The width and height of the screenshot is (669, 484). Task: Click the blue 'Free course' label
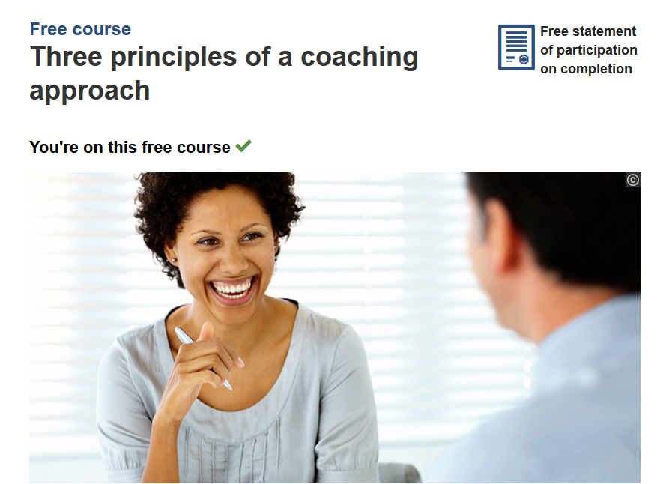pos(80,29)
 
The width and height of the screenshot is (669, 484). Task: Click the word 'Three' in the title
pos(66,57)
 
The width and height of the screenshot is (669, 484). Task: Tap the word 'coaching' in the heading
pos(360,58)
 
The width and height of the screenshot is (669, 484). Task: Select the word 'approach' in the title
pos(90,91)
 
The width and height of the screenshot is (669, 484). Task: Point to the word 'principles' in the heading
pos(174,58)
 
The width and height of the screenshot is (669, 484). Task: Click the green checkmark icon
pos(243,146)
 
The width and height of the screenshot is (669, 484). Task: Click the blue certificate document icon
pos(516,47)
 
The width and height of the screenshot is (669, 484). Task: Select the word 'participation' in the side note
pos(597,50)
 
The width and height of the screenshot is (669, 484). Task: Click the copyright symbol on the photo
pos(633,180)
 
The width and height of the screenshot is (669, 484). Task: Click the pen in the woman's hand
pos(203,358)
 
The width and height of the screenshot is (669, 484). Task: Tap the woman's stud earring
pos(174,259)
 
